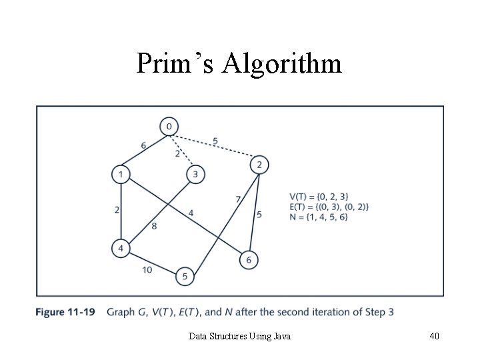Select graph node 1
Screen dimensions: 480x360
[x=120, y=175]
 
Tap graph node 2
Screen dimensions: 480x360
[x=260, y=165]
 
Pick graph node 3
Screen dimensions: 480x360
[x=195, y=175]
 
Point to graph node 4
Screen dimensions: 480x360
[x=120, y=249]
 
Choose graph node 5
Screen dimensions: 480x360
[x=185, y=276]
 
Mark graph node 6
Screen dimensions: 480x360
[x=249, y=259]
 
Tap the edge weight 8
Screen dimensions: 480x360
[x=153, y=227]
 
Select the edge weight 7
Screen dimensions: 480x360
[x=238, y=199]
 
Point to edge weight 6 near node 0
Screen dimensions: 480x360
[x=144, y=146]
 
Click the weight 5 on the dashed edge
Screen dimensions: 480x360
[x=215, y=141]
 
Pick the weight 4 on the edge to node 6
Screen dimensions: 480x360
[x=191, y=213]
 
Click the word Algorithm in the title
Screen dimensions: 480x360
[x=283, y=64]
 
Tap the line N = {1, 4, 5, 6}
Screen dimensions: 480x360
[x=319, y=217]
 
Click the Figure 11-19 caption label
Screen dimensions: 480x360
[x=66, y=312]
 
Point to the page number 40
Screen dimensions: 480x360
[x=434, y=337]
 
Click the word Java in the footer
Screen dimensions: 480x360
[x=281, y=337]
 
